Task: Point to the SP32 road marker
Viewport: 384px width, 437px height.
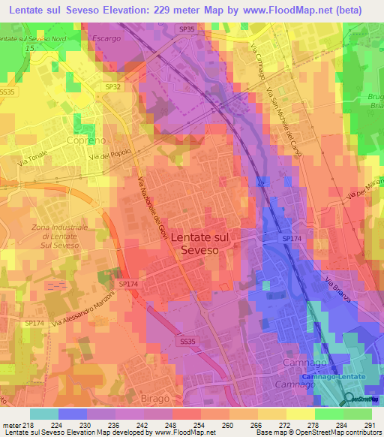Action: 112,87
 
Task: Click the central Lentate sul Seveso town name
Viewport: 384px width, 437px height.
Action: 200,243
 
